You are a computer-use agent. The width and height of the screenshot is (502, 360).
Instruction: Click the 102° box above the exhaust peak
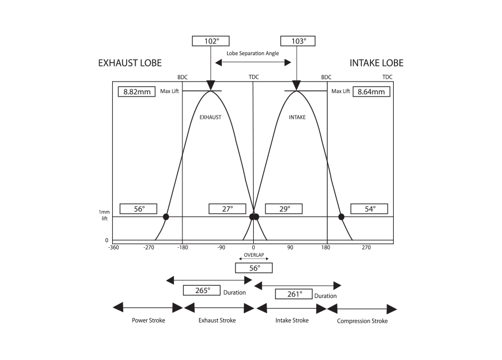[210, 41]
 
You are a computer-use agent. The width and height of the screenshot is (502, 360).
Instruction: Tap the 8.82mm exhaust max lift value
[137, 92]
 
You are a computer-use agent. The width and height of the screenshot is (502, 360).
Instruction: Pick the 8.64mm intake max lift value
[371, 92]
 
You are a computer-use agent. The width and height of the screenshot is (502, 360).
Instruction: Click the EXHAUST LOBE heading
[130, 63]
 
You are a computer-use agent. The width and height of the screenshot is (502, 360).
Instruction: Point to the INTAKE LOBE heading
[376, 63]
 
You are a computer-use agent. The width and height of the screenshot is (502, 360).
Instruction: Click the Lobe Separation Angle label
[253, 53]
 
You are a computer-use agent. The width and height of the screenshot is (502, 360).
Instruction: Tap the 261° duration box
[293, 294]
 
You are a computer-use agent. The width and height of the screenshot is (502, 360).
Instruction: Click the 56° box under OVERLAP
[254, 268]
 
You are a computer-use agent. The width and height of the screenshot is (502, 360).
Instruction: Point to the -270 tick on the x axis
[148, 247]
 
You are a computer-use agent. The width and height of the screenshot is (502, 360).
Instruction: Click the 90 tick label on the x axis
[291, 247]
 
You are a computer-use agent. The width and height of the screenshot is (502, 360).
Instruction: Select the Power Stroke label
[148, 320]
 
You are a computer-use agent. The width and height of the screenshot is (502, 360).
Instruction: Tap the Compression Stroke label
[362, 321]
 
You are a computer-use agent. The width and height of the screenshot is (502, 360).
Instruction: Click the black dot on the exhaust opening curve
[166, 217]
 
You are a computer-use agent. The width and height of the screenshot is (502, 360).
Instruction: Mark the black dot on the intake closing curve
[341, 217]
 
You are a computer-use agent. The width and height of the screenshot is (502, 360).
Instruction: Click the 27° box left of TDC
[227, 209]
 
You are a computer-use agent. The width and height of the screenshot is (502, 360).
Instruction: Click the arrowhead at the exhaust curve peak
[210, 85]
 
